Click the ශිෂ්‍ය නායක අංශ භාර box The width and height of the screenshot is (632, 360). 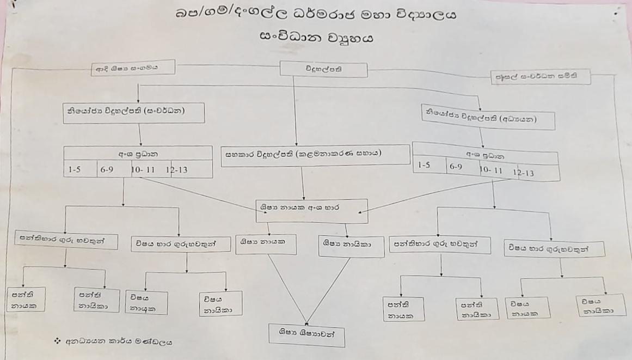312,211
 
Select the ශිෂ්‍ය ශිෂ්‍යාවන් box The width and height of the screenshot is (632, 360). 308,334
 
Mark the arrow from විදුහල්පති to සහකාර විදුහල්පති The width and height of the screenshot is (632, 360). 294,109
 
